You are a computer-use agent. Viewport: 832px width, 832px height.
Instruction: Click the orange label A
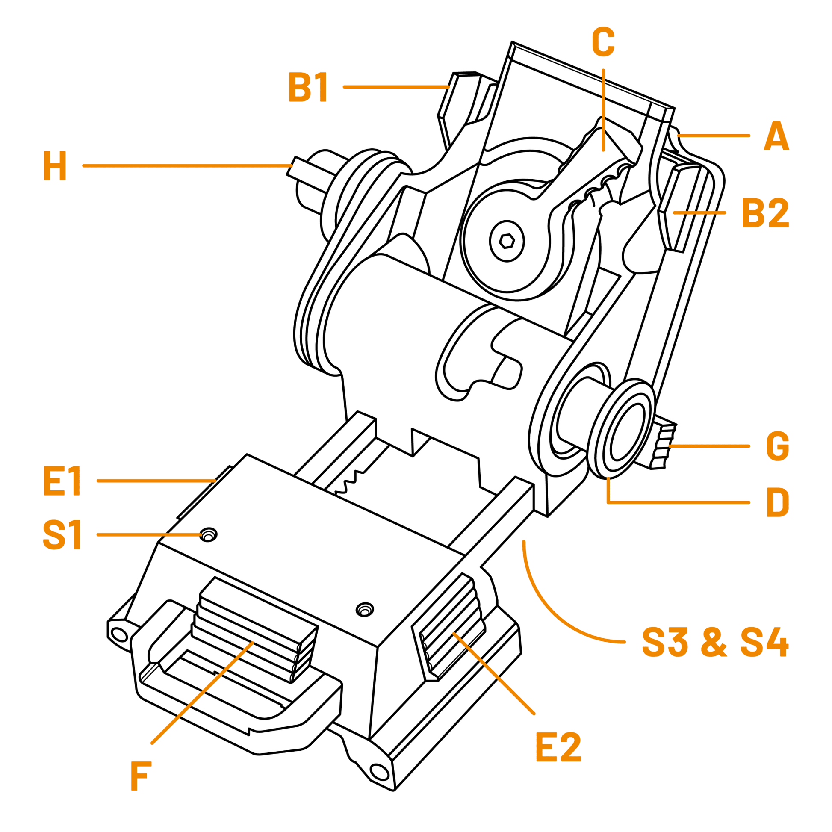[x=776, y=136]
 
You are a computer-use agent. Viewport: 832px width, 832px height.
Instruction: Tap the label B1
[x=308, y=87]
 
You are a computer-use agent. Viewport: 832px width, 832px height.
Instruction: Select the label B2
[x=765, y=213]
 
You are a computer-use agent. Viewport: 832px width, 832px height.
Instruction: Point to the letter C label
[x=603, y=42]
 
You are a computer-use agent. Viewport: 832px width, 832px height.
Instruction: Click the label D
[x=777, y=502]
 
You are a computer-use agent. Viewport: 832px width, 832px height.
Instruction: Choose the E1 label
[x=62, y=481]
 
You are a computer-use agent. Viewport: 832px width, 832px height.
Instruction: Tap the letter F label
[x=141, y=776]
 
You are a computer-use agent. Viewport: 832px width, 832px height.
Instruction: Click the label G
[x=777, y=447]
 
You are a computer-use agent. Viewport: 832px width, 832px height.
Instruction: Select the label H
[x=55, y=166]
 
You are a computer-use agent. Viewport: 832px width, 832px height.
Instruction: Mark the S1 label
[x=62, y=535]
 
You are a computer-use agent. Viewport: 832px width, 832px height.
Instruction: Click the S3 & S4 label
[x=715, y=642]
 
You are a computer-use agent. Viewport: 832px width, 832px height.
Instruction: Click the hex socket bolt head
[x=507, y=241]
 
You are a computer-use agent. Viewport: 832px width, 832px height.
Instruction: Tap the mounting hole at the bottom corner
[x=379, y=771]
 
